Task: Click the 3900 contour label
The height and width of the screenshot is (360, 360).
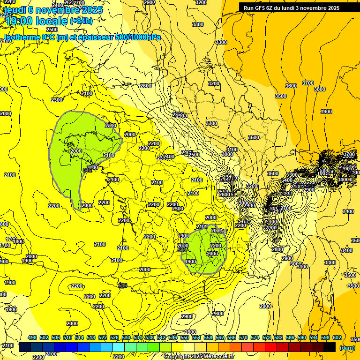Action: pyautogui.click(x=326, y=112)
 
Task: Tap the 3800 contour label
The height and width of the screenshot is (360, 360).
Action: pyautogui.click(x=319, y=89)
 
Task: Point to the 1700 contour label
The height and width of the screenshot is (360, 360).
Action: pyautogui.click(x=5, y=245)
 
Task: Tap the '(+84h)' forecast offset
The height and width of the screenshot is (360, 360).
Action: pyautogui.click(x=81, y=21)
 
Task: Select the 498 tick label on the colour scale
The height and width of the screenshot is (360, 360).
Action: pyautogui.click(x=32, y=337)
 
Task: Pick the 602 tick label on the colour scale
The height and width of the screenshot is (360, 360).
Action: pyautogui.click(x=337, y=337)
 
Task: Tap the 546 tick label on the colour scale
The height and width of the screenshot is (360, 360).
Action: pyautogui.click(x=173, y=337)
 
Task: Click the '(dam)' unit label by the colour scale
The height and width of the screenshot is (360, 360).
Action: pyautogui.click(x=347, y=347)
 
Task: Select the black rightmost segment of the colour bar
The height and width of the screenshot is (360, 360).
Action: pyautogui.click(x=330, y=347)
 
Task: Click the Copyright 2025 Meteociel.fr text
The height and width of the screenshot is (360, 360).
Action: pyautogui.click(x=199, y=356)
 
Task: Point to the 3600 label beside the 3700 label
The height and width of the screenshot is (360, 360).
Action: pyautogui.click(x=291, y=86)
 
